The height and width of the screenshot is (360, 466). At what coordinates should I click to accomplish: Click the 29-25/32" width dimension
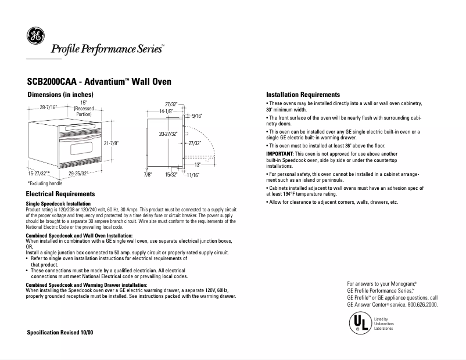(79, 173)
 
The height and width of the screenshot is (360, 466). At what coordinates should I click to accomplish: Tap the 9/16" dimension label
(197, 116)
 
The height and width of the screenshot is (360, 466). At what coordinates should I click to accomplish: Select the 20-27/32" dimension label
(168, 134)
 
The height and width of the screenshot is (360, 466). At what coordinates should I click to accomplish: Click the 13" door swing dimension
(198, 164)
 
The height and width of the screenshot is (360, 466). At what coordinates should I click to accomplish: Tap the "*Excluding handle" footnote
(45, 183)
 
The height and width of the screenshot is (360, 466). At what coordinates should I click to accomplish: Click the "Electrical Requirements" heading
(60, 194)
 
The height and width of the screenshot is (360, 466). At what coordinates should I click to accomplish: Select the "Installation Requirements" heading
(303, 95)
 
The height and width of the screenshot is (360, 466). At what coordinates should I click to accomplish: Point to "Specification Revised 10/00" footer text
(60, 332)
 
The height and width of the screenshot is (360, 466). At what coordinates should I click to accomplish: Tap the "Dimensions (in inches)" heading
(60, 94)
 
